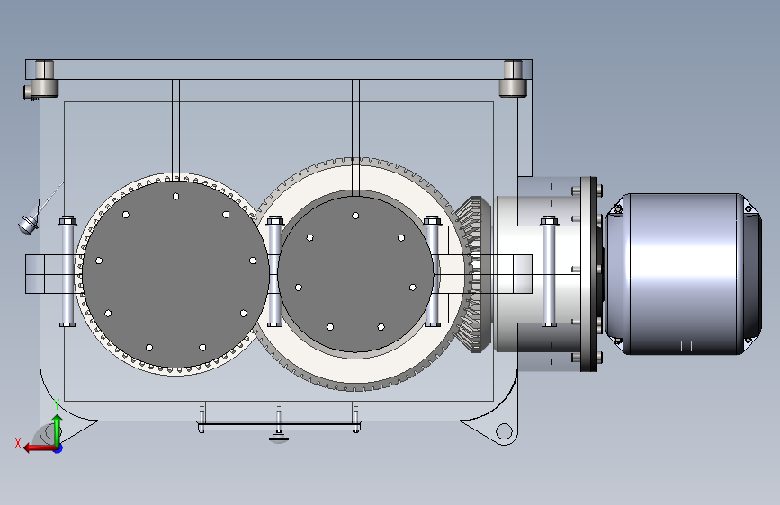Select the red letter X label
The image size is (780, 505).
point(18,443)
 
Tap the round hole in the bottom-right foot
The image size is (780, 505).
point(504,431)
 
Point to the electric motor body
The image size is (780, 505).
point(683,274)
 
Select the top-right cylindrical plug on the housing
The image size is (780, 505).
point(513,78)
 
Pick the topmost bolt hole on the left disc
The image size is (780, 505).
point(175,197)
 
